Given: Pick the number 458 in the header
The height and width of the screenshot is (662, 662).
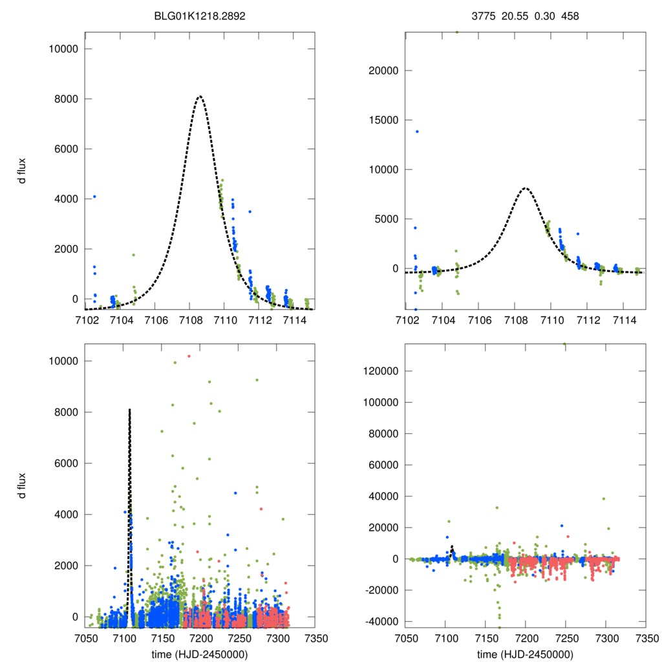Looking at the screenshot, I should pos(570,15).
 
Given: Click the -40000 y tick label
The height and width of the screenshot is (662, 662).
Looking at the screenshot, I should pos(383,621).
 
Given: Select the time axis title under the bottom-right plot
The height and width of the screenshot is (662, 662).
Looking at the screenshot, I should pos(524,654).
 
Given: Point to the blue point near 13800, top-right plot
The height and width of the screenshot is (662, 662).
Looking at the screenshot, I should pos(417,131).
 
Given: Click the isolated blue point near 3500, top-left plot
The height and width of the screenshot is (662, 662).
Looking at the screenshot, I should pos(250,211).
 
